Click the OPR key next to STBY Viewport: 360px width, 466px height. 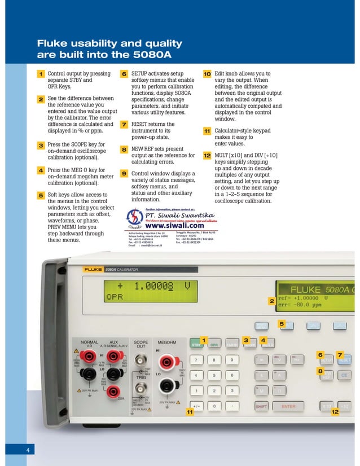pyautogui.click(x=214, y=345)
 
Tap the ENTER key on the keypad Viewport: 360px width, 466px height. pyautogui.click(x=288, y=406)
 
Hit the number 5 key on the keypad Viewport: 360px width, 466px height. pyautogui.click(x=214, y=375)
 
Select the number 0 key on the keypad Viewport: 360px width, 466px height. pyautogui.click(x=214, y=406)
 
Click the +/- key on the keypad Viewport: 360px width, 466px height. pyautogui.click(x=196, y=406)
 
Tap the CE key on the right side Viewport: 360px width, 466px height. pyautogui.click(x=345, y=375)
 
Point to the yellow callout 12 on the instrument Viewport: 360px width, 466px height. pyautogui.click(x=335, y=412)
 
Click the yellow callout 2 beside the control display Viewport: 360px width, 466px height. pyautogui.click(x=271, y=301)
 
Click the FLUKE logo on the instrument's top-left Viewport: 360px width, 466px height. pyautogui.click(x=93, y=270)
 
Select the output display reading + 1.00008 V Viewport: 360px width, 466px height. pyautogui.click(x=152, y=286)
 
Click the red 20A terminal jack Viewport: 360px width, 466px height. pyautogui.click(x=115, y=391)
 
